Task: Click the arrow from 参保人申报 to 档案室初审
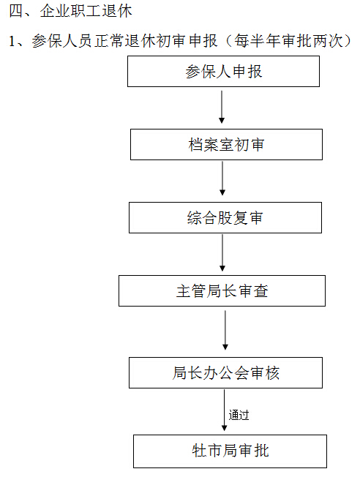222,107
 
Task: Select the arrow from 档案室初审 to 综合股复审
222,179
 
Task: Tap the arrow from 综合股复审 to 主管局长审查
222,253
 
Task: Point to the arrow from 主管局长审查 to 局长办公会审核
225,330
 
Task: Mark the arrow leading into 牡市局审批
225,410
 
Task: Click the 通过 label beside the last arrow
239,415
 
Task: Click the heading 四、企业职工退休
70,11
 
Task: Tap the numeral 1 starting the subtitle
12,41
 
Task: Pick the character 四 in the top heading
16,11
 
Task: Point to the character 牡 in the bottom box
199,451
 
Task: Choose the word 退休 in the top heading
117,11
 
